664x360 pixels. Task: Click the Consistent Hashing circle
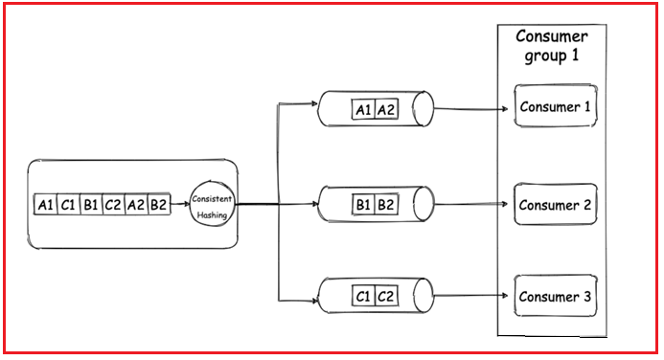click(211, 204)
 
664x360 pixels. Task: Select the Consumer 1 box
click(555, 106)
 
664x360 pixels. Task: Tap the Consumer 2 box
click(555, 205)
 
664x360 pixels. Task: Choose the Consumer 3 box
click(555, 296)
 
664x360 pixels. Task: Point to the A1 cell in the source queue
click(45, 205)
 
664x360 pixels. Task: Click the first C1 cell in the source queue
click(68, 205)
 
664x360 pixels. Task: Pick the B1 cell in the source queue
click(91, 205)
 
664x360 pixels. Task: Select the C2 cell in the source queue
click(114, 205)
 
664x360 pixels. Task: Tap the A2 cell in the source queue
click(137, 205)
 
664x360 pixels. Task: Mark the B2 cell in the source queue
click(159, 205)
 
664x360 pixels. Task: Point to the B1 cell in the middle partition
click(363, 205)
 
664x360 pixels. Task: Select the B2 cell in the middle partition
click(386, 205)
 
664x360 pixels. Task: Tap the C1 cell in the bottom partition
click(363, 296)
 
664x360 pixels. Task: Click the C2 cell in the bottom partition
click(386, 296)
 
